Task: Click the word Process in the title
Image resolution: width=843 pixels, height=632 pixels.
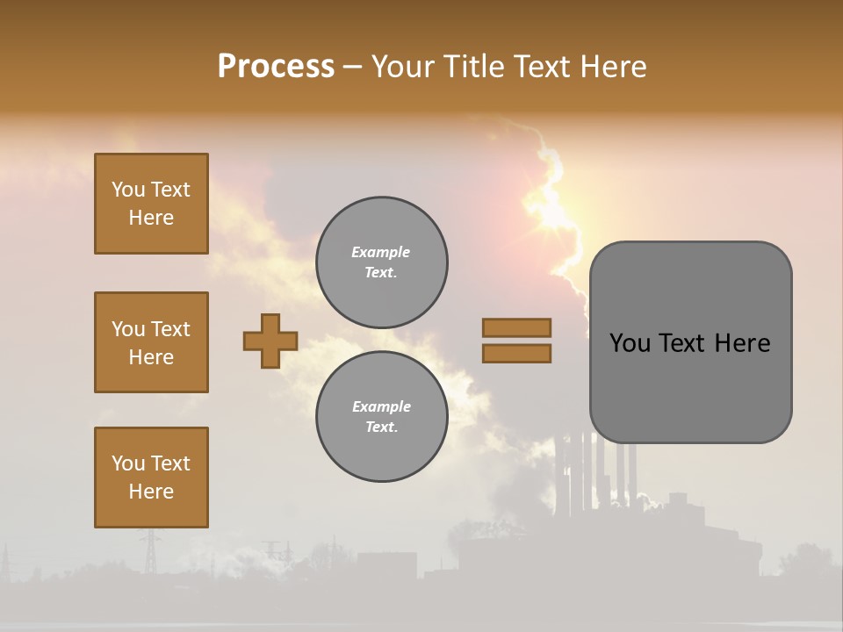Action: tap(276, 66)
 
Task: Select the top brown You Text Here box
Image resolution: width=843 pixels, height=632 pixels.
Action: tap(151, 204)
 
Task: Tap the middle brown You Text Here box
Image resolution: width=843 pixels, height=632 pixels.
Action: tap(151, 342)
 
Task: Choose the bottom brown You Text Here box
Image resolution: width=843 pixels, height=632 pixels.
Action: tap(151, 478)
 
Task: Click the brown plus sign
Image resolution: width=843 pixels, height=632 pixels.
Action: tap(270, 341)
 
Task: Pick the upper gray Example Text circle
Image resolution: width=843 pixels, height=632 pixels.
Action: tap(381, 262)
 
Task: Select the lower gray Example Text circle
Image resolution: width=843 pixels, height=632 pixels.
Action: tap(381, 417)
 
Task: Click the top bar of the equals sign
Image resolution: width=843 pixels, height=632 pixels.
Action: tap(516, 327)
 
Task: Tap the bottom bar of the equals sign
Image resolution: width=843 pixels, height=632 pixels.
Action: tap(516, 354)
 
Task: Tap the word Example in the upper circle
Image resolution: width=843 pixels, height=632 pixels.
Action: tap(381, 252)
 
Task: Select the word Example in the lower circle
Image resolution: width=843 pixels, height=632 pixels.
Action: tap(381, 406)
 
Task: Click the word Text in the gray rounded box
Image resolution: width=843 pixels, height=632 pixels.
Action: tap(683, 343)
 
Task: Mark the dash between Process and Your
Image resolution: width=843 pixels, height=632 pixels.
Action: tap(353, 67)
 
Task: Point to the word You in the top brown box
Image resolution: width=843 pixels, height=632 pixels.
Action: tap(127, 190)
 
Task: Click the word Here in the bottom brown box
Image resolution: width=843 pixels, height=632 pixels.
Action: tap(151, 492)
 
